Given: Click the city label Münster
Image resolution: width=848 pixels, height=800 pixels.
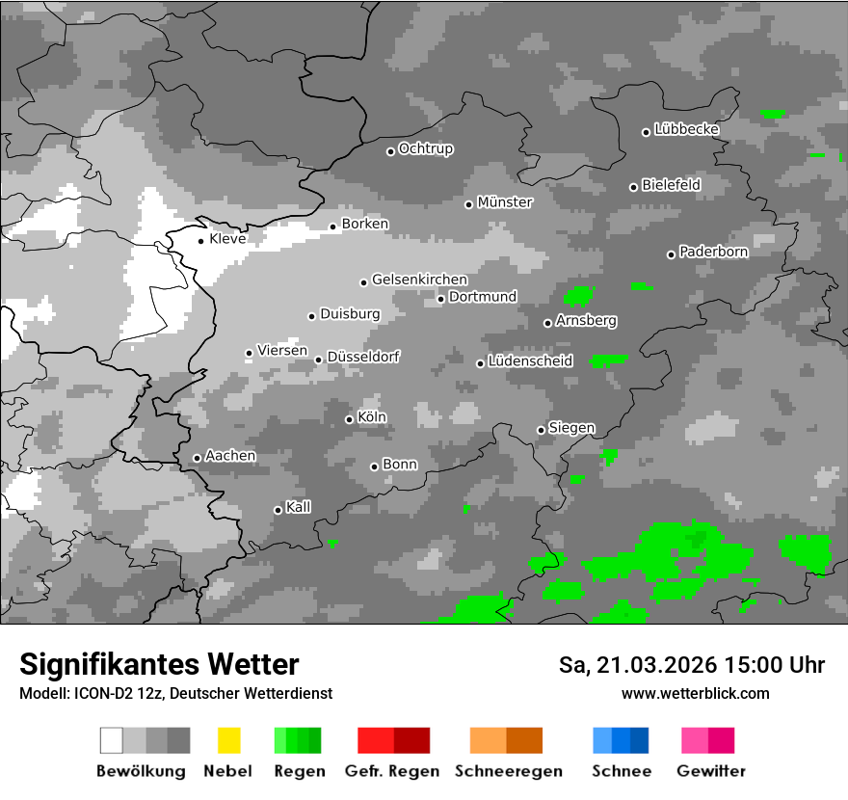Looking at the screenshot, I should (505, 202).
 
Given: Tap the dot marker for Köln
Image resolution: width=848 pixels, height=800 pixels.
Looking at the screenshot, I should (349, 419).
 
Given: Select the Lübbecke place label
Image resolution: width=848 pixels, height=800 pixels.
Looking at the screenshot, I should (686, 129).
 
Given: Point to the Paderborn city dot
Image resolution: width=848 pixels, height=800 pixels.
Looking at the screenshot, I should (671, 254).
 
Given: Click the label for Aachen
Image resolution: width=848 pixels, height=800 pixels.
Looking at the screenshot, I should (230, 456).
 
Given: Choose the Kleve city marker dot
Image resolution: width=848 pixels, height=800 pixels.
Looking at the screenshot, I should (200, 241).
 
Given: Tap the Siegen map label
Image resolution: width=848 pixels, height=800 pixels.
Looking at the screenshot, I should (571, 428).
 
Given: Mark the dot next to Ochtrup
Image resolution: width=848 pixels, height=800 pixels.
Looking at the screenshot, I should (390, 150).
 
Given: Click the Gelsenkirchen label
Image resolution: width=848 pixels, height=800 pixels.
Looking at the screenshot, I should (419, 280).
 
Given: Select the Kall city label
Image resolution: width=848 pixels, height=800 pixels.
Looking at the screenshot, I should (299, 507).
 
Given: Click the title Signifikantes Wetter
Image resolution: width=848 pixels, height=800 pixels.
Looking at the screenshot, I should (159, 664).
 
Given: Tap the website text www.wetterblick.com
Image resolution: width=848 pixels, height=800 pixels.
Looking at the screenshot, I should (696, 693).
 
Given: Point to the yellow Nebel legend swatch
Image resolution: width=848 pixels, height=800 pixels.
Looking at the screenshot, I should (228, 740).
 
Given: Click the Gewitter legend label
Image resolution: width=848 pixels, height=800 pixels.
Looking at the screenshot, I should (711, 771).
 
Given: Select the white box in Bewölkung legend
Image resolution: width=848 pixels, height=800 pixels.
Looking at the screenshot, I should (112, 740).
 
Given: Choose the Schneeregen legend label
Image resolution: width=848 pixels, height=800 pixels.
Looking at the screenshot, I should (508, 771).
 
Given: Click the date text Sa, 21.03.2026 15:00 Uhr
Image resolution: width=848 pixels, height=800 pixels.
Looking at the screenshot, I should (692, 665).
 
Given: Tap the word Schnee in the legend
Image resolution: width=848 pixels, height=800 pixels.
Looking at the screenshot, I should (622, 771).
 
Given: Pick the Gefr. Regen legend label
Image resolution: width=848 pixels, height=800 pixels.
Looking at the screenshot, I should (392, 771).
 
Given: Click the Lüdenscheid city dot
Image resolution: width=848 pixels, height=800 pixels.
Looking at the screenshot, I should (480, 363).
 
